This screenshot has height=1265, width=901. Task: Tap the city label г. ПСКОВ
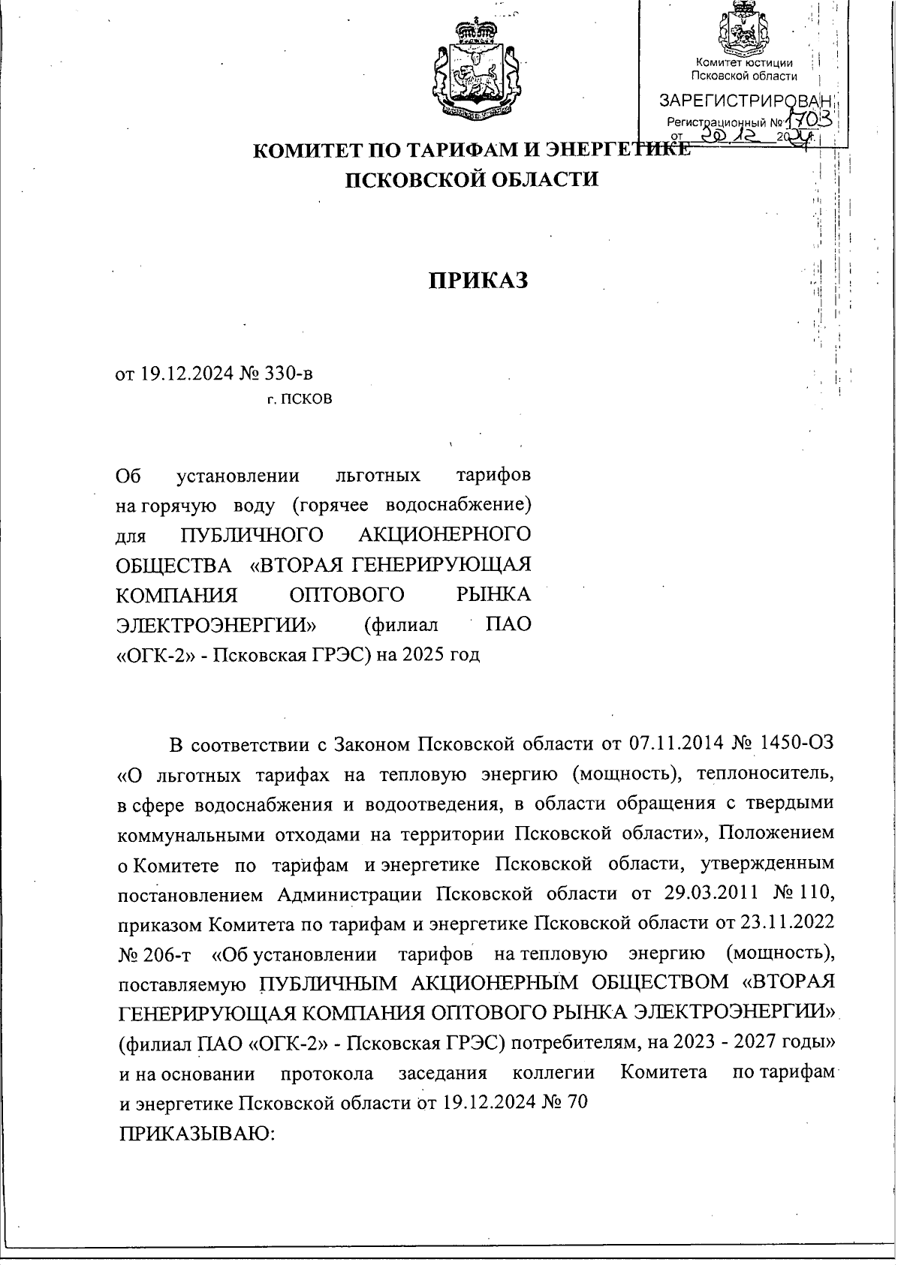coord(300,398)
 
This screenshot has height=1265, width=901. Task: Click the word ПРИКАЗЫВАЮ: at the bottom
coord(198,1133)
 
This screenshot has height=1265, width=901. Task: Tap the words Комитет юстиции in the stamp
coord(743,63)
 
